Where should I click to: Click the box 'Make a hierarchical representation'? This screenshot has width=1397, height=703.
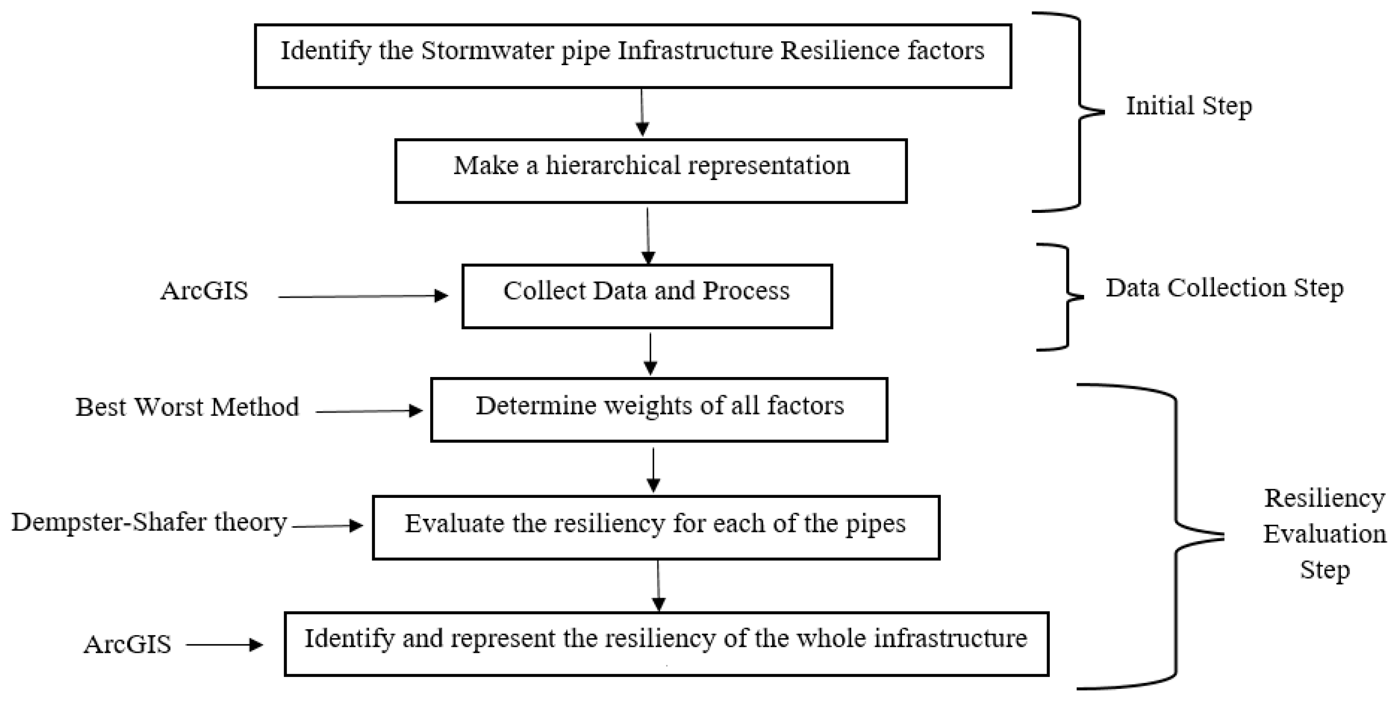click(x=651, y=171)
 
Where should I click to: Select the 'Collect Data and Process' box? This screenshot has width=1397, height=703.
click(x=647, y=296)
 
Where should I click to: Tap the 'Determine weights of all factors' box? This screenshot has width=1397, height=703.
click(x=659, y=410)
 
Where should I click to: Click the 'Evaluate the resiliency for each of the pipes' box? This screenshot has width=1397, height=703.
click(x=656, y=527)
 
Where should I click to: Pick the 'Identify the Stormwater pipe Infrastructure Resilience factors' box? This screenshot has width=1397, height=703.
click(x=633, y=56)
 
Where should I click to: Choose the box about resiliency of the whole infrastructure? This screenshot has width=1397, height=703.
click(x=667, y=644)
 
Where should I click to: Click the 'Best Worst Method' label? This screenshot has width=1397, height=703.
click(x=187, y=407)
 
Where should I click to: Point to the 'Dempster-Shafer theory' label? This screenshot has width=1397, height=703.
click(x=149, y=522)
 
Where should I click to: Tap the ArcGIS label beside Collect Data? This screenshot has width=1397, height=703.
click(x=204, y=291)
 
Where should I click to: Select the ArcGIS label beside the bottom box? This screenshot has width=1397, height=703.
click(x=127, y=645)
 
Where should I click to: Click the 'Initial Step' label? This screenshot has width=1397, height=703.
click(x=1189, y=106)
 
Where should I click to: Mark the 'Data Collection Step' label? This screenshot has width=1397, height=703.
click(x=1225, y=288)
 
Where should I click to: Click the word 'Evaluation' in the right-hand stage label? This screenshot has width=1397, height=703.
click(x=1324, y=534)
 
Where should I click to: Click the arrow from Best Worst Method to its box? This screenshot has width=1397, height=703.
click(x=369, y=411)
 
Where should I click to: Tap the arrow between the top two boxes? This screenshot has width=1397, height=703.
click(x=642, y=112)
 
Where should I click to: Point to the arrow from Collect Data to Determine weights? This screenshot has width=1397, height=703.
click(x=650, y=353)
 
